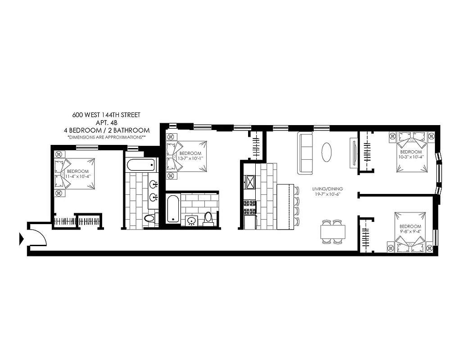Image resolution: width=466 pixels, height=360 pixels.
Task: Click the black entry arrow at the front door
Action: [21, 239]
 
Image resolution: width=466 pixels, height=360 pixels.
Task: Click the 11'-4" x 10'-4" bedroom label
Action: [77, 175]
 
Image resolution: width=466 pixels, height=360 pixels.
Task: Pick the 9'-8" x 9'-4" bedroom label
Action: [410, 229]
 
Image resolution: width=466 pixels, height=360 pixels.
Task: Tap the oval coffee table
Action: [328, 152]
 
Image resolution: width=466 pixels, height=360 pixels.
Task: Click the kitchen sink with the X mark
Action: [249, 182]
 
